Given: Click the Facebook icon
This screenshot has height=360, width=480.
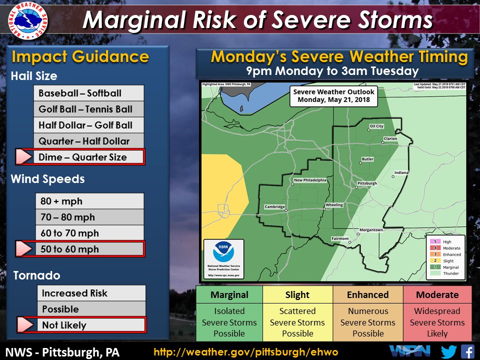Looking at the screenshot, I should [467, 351].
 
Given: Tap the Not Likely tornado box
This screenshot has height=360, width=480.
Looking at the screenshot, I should [90, 325].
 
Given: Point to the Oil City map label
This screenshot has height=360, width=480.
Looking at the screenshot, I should [376, 126].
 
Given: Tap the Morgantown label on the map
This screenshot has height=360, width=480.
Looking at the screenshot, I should [371, 230].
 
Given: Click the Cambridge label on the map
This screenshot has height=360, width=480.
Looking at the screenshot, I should [274, 207].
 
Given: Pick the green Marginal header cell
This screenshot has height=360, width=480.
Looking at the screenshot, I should [229, 294].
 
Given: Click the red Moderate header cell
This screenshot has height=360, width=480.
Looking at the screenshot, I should [437, 294].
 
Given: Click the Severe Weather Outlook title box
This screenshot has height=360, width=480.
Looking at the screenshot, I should [333, 95].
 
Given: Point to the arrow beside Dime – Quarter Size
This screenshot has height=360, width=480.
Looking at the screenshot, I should [23, 157].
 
